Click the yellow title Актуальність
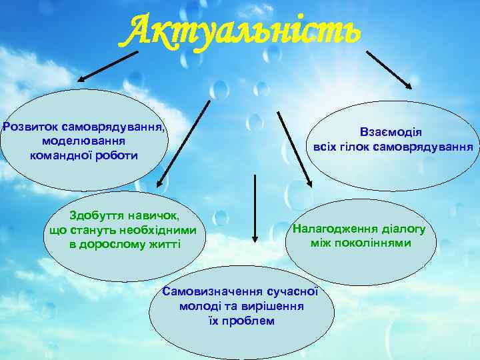(x=239, y=28)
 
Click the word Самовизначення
(x=213, y=292)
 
